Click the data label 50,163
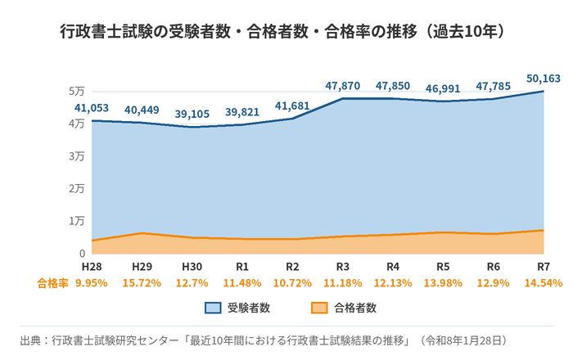pos(543,79)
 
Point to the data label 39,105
pos(192,114)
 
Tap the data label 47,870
pos(343,86)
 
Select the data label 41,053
pos(92,108)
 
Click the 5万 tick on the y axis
pos(77,92)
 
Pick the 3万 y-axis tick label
pos(77,156)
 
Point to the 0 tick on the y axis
pos(82,254)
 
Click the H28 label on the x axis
pos(92,267)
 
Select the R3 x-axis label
pos(343,267)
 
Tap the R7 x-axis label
pos(544,267)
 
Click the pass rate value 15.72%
pos(142,283)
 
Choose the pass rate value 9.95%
pos(92,283)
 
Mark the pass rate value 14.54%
pos(544,283)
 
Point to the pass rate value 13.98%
pos(443,283)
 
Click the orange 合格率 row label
pos(52,283)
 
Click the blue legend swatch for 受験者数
pos(213,308)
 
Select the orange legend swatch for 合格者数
pos(319,308)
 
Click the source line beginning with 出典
pos(264,340)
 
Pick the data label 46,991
pos(443,88)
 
